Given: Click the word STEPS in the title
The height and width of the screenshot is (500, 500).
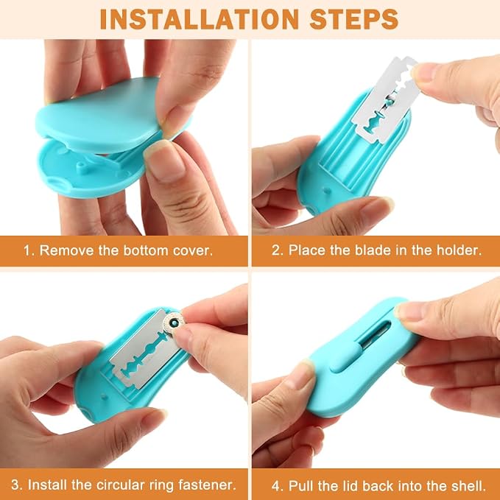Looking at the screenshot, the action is click(354, 19).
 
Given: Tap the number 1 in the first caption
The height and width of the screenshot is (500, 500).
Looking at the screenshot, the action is click(27, 250).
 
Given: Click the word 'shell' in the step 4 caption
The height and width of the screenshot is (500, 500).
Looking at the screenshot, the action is click(468, 486).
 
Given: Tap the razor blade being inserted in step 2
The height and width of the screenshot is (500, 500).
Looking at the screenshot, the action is click(387, 99).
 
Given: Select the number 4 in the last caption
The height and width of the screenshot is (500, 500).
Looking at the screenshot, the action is click(275, 486).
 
